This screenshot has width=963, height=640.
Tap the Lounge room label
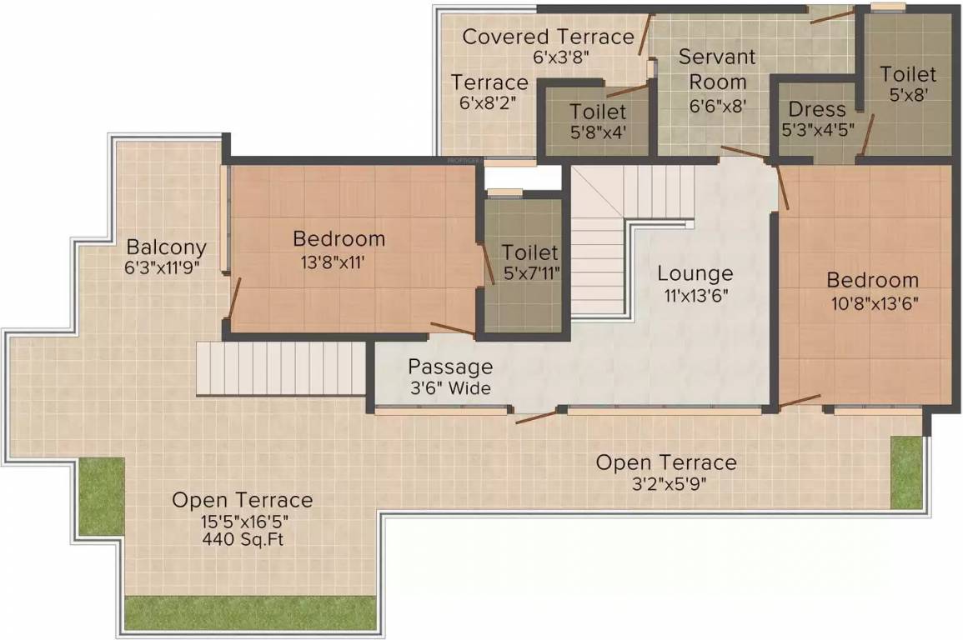point(695,273)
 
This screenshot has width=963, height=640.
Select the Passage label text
point(450,367)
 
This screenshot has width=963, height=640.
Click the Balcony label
point(166,247)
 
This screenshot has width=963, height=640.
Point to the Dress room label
point(816,109)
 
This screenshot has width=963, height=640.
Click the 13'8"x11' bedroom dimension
point(339,261)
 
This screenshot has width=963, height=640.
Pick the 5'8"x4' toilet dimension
point(597,132)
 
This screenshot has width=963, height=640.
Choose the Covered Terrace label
point(548,37)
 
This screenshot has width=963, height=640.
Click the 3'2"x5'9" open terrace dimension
point(666,483)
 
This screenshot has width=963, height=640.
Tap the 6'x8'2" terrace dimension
point(489,103)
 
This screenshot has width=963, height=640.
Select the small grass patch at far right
point(906,472)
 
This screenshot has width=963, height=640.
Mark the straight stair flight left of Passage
point(281,367)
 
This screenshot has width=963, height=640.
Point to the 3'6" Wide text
point(450,388)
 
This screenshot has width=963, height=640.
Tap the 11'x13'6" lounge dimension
point(695,295)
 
